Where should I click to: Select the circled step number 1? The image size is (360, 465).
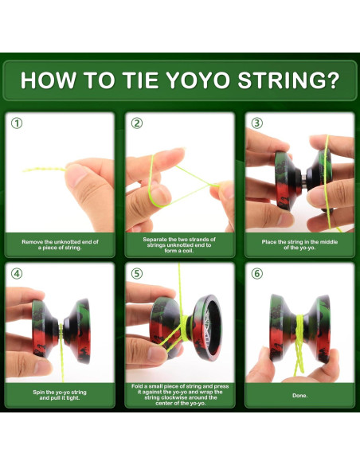click(x=17, y=123)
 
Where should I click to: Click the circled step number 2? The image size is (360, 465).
click(x=137, y=123)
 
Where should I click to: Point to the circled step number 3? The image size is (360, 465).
click(x=256, y=123)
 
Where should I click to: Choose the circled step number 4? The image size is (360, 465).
click(x=17, y=274)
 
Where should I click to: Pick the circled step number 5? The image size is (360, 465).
click(x=137, y=274)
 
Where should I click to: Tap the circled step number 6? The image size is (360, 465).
click(x=256, y=274)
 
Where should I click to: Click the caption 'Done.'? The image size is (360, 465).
click(x=299, y=395)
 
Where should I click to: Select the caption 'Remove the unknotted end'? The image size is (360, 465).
click(x=60, y=244)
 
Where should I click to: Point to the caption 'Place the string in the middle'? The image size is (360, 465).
click(x=299, y=244)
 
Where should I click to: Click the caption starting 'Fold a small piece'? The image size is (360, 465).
click(x=179, y=395)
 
